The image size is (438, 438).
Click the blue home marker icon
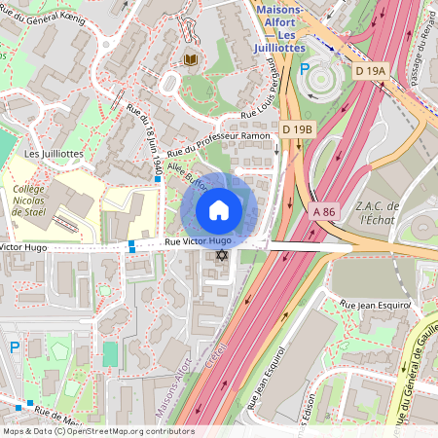click(219, 209)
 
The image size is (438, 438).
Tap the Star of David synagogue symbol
click(221, 255)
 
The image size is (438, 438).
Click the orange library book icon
click(191, 59)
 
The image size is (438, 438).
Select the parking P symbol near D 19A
click(305, 70)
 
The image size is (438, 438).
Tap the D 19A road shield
click(371, 71)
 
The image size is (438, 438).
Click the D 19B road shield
click(298, 129)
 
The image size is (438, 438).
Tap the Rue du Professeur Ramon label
click(217, 145)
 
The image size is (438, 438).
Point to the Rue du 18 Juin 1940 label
click(143, 142)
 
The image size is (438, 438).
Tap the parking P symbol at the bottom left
click(14, 347)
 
